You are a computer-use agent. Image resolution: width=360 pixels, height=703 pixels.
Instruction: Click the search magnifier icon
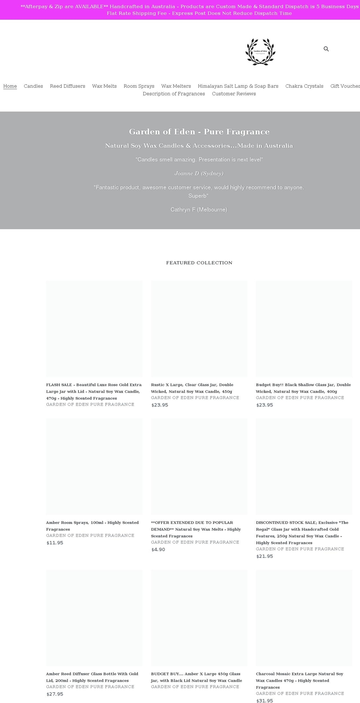click(326, 49)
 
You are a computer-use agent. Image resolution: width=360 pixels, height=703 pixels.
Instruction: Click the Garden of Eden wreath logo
click(260, 52)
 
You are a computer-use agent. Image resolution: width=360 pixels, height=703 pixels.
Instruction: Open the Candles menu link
click(33, 86)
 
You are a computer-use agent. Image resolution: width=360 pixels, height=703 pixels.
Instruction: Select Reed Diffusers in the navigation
click(67, 86)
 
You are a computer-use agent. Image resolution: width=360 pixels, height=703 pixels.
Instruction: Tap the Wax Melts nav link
click(104, 86)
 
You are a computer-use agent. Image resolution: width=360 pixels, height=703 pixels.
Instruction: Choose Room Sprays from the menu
click(139, 86)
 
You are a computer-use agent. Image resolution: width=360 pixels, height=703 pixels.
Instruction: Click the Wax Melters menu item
click(176, 86)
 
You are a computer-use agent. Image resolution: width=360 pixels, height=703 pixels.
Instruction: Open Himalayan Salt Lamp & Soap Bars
click(238, 86)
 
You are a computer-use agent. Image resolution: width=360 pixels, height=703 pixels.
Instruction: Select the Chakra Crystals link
click(304, 86)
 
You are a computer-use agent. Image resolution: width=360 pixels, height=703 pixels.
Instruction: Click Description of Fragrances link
click(174, 94)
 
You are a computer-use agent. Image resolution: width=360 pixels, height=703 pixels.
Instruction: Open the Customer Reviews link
click(234, 94)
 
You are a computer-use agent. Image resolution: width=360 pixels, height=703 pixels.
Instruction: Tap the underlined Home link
click(10, 86)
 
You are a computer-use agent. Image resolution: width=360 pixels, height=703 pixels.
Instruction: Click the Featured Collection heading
click(199, 263)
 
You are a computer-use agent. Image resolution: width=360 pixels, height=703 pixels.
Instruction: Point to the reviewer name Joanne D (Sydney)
click(199, 173)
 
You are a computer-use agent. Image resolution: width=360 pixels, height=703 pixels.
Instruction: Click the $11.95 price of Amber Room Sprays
click(55, 543)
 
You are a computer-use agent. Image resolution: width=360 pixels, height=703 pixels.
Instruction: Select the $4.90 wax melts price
click(158, 549)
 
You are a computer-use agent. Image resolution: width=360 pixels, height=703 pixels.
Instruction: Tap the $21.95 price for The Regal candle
click(264, 556)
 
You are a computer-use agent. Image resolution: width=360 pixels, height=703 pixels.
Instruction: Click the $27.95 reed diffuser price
click(55, 694)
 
